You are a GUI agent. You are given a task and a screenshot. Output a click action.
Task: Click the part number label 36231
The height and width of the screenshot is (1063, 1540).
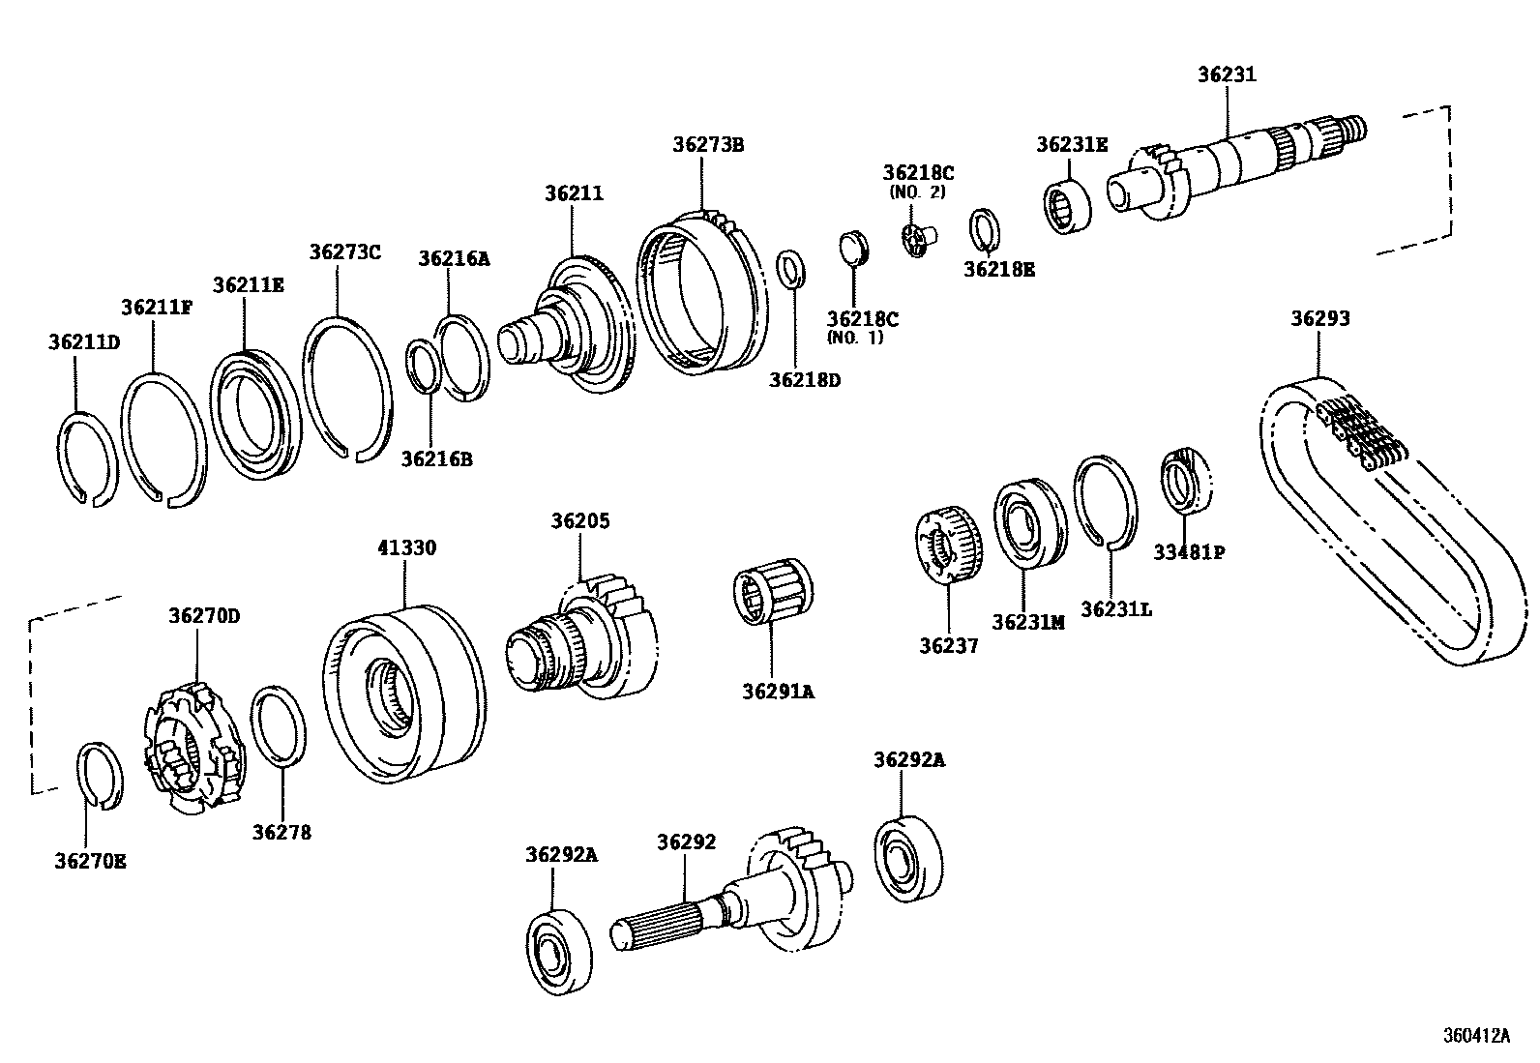pyautogui.click(x=1227, y=74)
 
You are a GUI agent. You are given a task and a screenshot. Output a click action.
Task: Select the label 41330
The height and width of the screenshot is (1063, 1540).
pyautogui.click(x=406, y=547)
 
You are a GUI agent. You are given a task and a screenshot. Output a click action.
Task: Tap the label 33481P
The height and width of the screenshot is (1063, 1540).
pyautogui.click(x=1189, y=552)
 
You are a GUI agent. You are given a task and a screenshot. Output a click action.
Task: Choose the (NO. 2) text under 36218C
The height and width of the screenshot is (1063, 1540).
pyautogui.click(x=917, y=192)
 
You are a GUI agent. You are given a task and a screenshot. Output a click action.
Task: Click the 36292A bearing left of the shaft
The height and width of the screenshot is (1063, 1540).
pyautogui.click(x=559, y=951)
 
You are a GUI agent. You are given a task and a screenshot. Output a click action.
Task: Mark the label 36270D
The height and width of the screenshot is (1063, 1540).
pyautogui.click(x=203, y=615)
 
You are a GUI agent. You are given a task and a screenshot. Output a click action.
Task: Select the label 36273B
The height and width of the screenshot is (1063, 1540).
pyautogui.click(x=708, y=144)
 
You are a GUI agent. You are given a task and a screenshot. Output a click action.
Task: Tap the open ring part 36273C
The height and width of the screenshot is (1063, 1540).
pyautogui.click(x=346, y=387)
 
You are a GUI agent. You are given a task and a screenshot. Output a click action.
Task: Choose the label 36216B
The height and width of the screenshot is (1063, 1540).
pyautogui.click(x=436, y=458)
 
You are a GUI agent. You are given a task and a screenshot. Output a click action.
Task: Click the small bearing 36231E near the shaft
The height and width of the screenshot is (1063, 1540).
pyautogui.click(x=1068, y=206)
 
